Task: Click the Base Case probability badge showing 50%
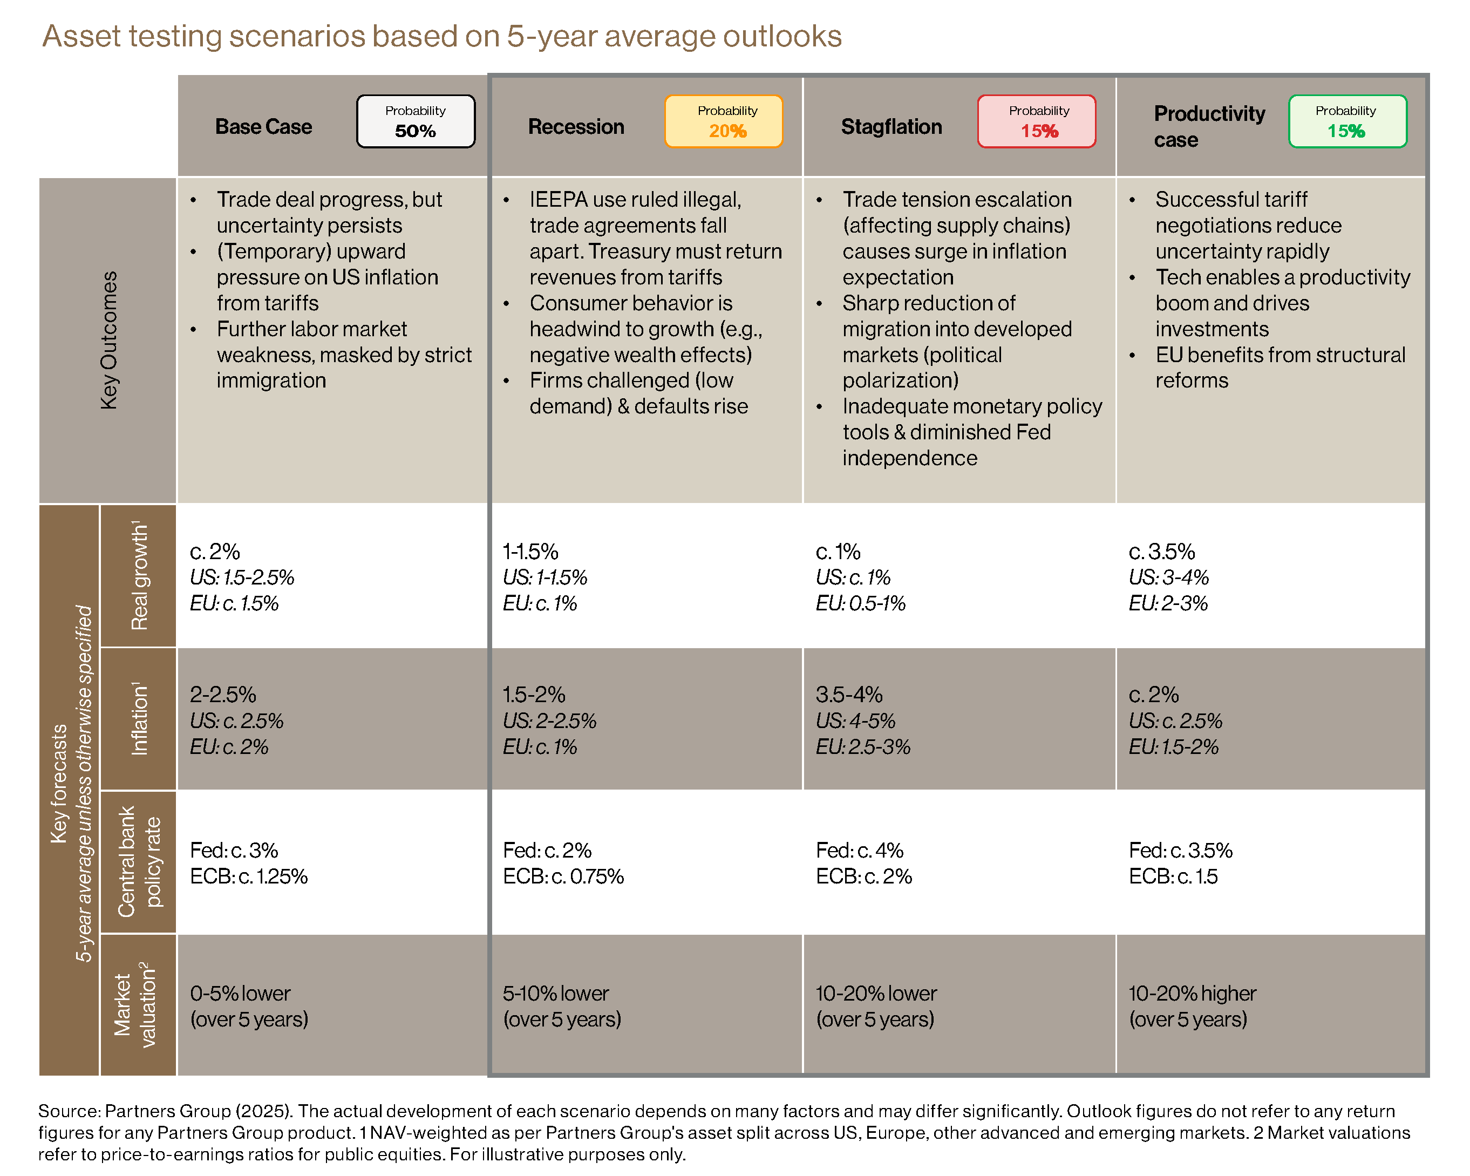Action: point(415,121)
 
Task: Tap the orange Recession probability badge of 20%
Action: point(724,121)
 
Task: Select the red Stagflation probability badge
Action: point(1036,121)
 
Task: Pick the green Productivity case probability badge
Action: point(1347,121)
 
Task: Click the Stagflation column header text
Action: point(891,127)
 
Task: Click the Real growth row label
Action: point(139,576)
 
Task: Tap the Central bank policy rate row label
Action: point(139,862)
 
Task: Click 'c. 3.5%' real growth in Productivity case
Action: point(1161,551)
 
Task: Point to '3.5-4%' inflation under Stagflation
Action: point(849,695)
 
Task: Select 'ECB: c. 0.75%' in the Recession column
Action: point(563,876)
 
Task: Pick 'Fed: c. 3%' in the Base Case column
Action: point(234,850)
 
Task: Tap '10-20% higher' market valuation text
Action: point(1192,993)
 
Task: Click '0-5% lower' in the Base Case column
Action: point(240,993)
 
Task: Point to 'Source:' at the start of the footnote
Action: point(69,1111)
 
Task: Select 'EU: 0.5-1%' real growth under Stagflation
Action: point(860,603)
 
